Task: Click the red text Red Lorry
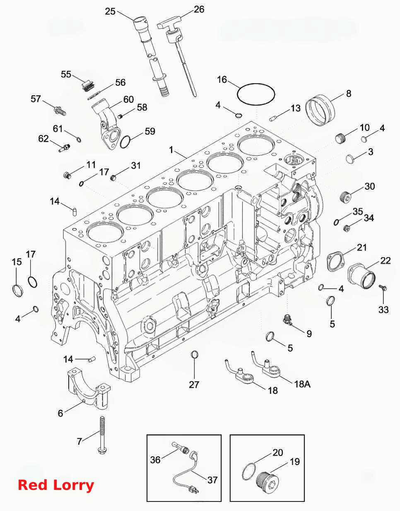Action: [56, 485]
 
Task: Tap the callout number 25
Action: [110, 11]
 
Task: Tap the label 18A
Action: [302, 384]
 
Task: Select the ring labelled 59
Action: [125, 142]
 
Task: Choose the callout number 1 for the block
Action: [171, 150]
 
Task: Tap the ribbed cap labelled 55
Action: [88, 86]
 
